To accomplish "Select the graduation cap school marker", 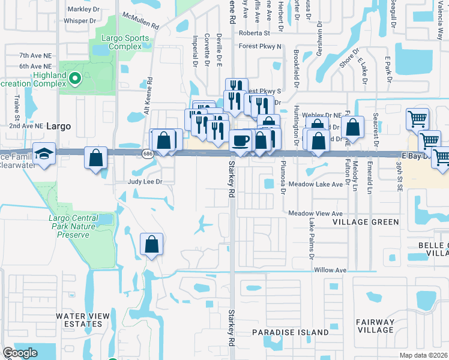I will point(44,154).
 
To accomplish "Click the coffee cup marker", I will point(241,140).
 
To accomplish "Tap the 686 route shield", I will point(148,154).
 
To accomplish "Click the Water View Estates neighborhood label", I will point(83,320).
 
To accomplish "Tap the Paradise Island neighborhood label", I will point(290,332).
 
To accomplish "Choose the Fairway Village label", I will point(375,326).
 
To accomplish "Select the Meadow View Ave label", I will point(315,213).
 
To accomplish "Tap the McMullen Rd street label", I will point(139,22).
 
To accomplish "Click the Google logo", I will point(20,353).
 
